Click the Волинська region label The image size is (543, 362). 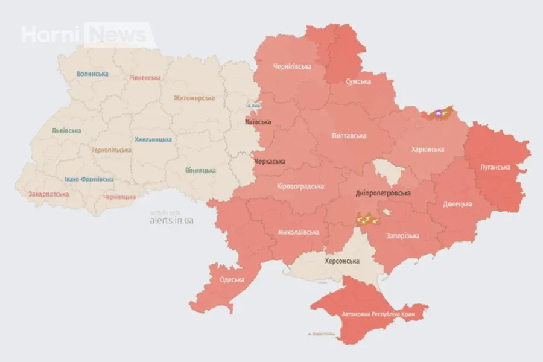tap(92, 74)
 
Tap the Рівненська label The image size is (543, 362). tap(145, 78)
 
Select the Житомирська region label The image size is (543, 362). tap(194, 98)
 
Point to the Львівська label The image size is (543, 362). tap(67, 130)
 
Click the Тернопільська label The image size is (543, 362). tap(112, 150)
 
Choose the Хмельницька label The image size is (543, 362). tap(153, 139)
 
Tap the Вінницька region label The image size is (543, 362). tap(201, 170)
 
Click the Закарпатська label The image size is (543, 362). tap(48, 194)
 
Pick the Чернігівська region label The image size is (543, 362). tap(292, 66)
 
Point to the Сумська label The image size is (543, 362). tap(358, 81)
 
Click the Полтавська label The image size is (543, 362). tap(349, 136)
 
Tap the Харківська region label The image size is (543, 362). tap(428, 150)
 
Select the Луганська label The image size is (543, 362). tap(495, 167)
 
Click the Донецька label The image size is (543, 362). tap(457, 204)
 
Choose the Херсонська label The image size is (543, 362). tap(341, 261)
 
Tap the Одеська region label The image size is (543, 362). tap(232, 279)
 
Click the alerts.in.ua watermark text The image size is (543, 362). tap(171, 220)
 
